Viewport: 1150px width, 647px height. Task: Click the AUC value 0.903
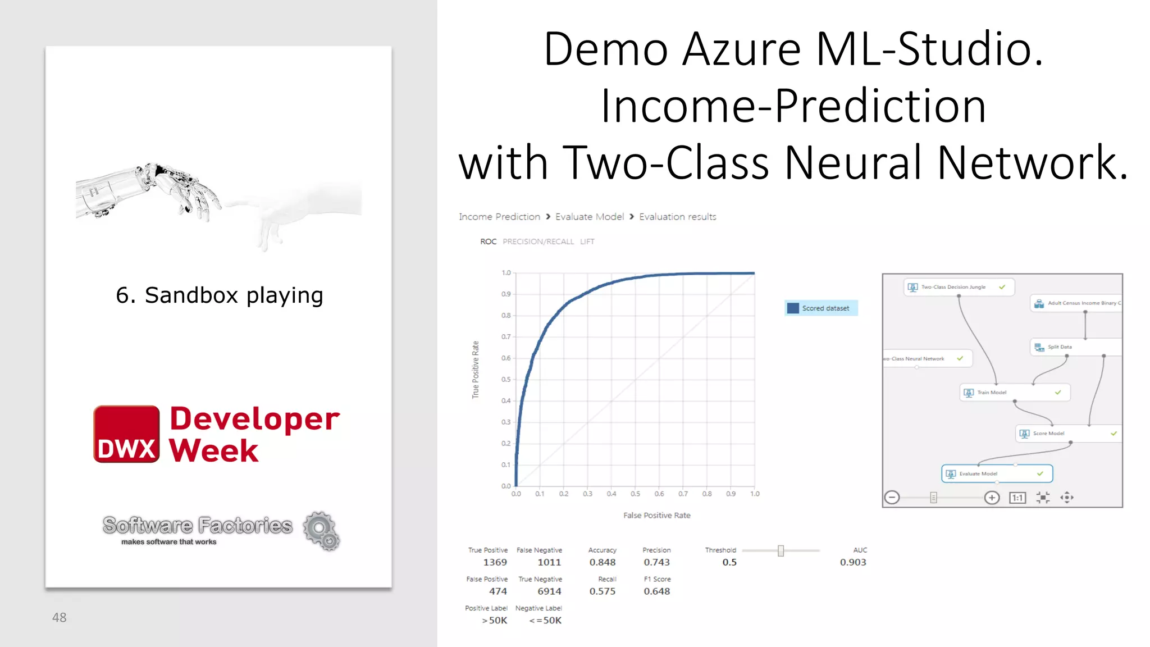click(x=852, y=562)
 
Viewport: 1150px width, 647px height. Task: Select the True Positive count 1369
click(x=495, y=562)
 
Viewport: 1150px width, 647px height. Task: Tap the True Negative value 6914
click(x=549, y=591)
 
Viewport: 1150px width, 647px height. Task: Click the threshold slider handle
click(x=781, y=551)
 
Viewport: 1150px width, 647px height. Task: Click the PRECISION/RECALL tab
click(x=538, y=242)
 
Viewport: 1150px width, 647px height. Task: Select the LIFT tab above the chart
click(x=587, y=242)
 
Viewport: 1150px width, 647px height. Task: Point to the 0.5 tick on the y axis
click(x=506, y=380)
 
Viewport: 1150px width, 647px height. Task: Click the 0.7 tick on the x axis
click(x=683, y=494)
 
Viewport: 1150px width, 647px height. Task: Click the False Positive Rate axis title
click(x=656, y=516)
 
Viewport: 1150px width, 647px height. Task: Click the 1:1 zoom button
click(x=1017, y=498)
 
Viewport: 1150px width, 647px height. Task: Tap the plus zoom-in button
click(x=992, y=498)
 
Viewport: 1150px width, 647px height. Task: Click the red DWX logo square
click(x=126, y=434)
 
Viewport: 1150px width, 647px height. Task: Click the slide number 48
click(x=59, y=618)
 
